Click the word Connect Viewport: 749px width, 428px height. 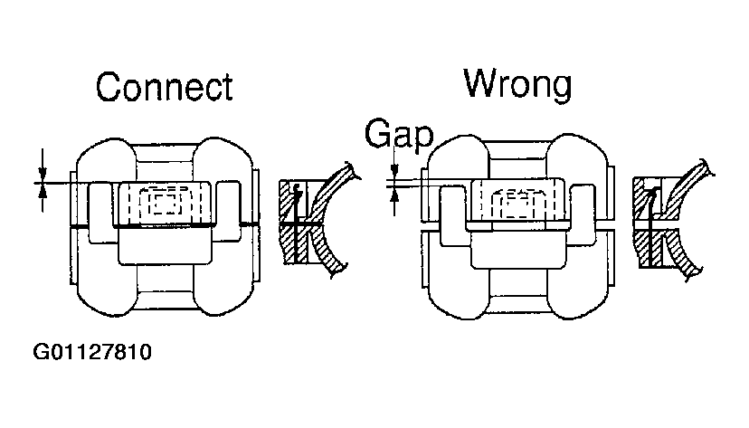[165, 87]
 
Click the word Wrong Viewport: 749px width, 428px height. [517, 84]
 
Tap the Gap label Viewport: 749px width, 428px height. [399, 134]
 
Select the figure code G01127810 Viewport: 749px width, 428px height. [92, 352]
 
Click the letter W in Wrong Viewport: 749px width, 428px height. [482, 82]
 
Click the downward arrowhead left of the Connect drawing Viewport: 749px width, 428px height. [43, 173]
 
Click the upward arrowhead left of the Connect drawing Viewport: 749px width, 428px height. [43, 192]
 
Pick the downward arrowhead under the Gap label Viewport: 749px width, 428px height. [394, 170]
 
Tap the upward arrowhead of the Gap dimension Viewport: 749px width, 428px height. [394, 193]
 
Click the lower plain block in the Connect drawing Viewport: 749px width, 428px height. [165, 246]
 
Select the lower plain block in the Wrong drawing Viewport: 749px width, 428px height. [518, 250]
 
